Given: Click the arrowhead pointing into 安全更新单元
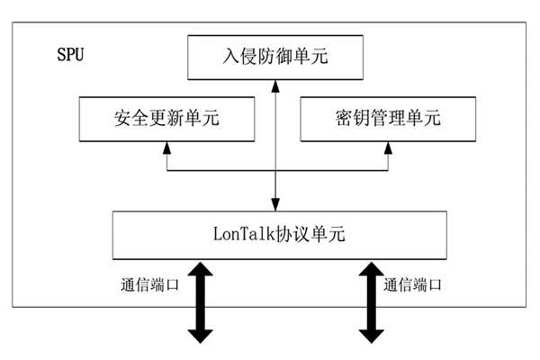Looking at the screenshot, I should tap(166, 147).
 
